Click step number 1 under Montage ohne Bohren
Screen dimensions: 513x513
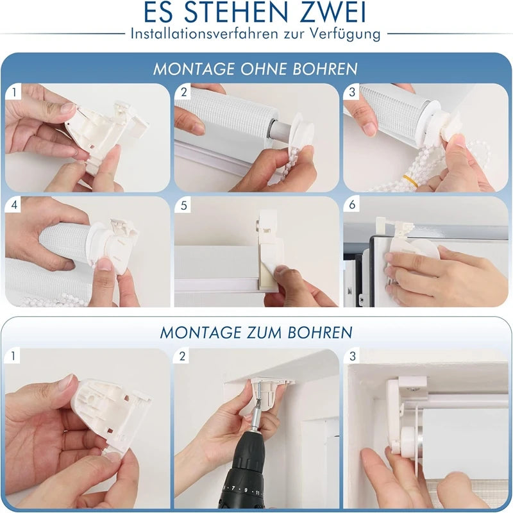pos(14,92)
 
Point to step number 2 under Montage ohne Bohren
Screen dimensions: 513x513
pos(183,92)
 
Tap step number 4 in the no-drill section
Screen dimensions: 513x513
pos(14,205)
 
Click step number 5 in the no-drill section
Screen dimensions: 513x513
pos(183,205)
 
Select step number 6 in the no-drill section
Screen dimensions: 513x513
pos(352,205)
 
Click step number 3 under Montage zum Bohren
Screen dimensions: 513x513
pos(352,357)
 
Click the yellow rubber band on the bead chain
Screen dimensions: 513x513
pos(410,181)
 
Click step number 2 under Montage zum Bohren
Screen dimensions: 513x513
pos(183,357)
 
